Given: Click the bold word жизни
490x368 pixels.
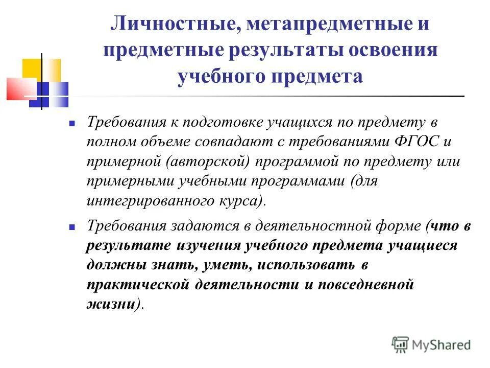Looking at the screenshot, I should pos(110,304).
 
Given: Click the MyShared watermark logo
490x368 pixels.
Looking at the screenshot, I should pos(431,344).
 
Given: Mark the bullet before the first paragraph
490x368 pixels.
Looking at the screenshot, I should pos(72,124).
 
